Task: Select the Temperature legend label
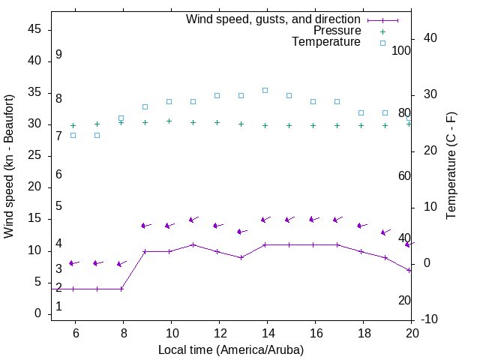pyautogui.click(x=326, y=43)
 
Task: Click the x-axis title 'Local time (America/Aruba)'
pyautogui.click(x=231, y=349)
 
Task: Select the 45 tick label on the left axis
pyautogui.click(x=34, y=30)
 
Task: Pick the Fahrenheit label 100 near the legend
pyautogui.click(x=401, y=51)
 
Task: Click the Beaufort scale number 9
pyautogui.click(x=58, y=55)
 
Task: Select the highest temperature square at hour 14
pyautogui.click(x=265, y=90)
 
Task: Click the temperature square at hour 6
pyautogui.click(x=73, y=135)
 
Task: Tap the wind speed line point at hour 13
pyautogui.click(x=241, y=257)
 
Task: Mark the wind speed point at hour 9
pyautogui.click(x=145, y=251)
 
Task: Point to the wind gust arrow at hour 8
pyautogui.click(x=121, y=263)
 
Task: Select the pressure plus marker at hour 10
pyautogui.click(x=169, y=121)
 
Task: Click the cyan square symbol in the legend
pyautogui.click(x=382, y=43)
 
